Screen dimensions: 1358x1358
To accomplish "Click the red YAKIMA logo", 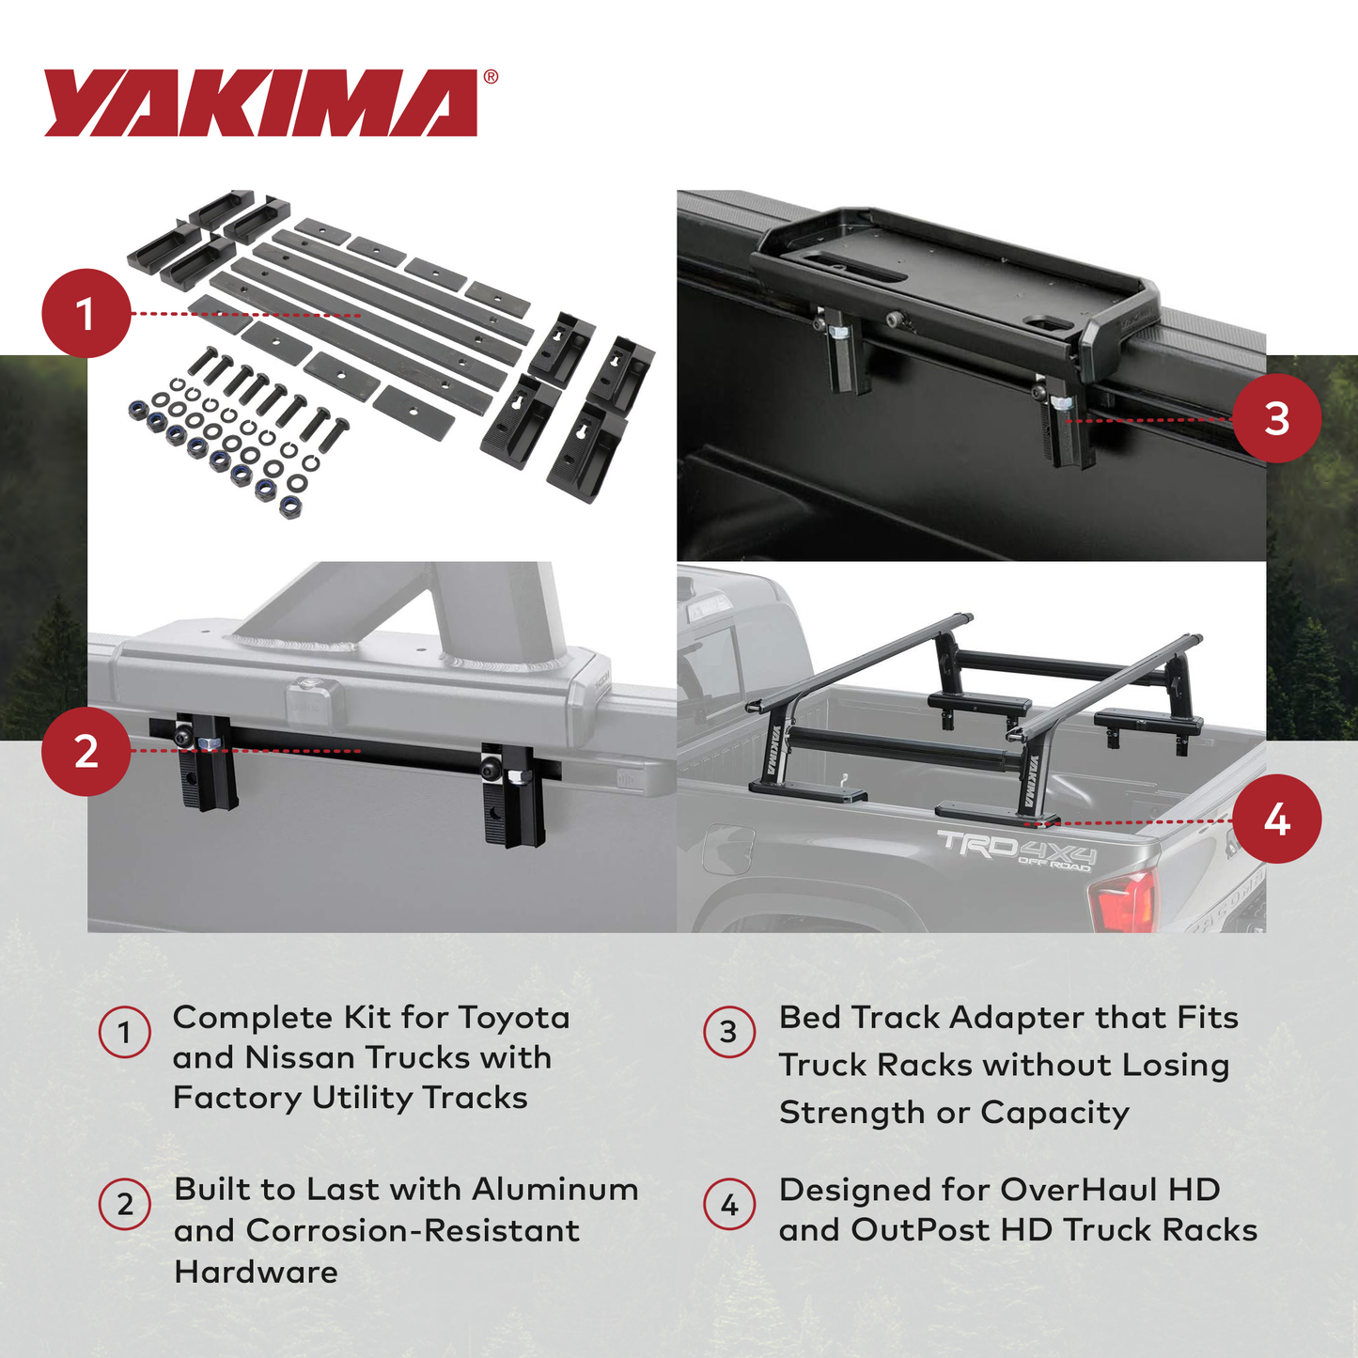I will click(261, 102).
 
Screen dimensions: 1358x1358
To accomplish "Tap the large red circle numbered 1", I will click(86, 314).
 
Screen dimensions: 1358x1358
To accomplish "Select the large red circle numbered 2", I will click(86, 752).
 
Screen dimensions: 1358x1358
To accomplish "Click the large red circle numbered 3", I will click(1276, 418).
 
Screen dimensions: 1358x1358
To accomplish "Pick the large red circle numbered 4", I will click(1276, 819).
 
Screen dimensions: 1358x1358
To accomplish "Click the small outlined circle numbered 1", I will click(124, 1033).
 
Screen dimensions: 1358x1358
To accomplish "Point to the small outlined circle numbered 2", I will click(125, 1204).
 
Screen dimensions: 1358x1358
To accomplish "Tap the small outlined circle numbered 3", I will click(728, 1032).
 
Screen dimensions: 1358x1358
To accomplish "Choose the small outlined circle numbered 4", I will click(729, 1205).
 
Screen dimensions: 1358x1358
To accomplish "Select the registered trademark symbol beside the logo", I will click(491, 78).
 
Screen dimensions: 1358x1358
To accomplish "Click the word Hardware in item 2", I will click(256, 1272).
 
